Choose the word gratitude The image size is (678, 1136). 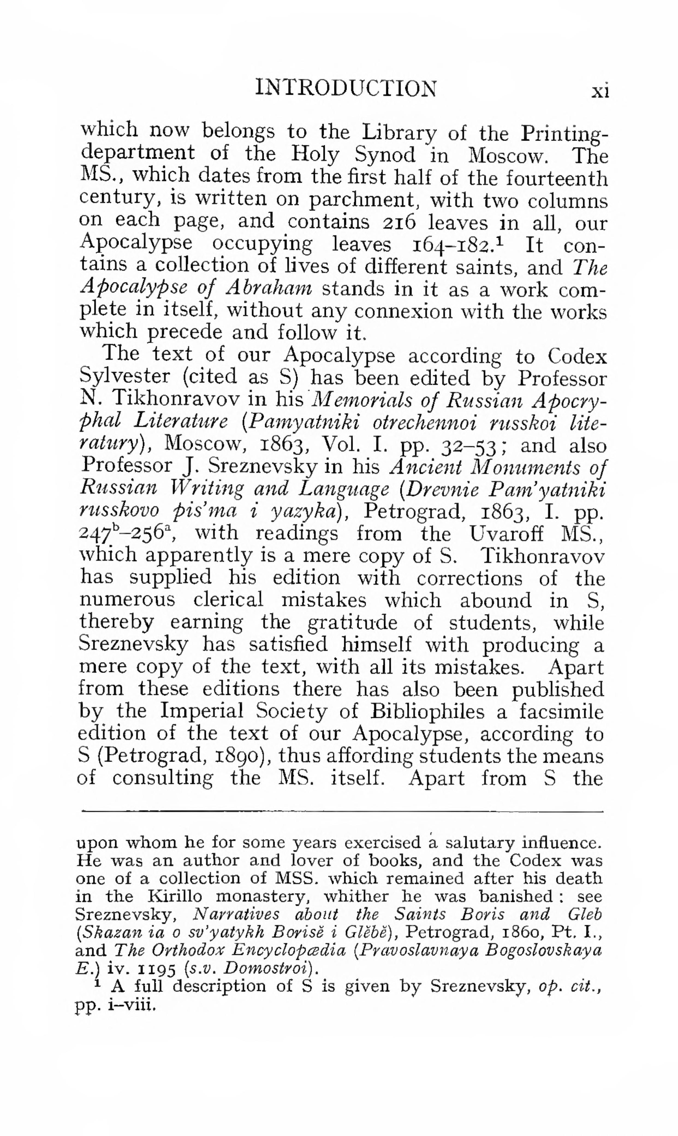369,623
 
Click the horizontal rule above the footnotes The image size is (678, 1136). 342,812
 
